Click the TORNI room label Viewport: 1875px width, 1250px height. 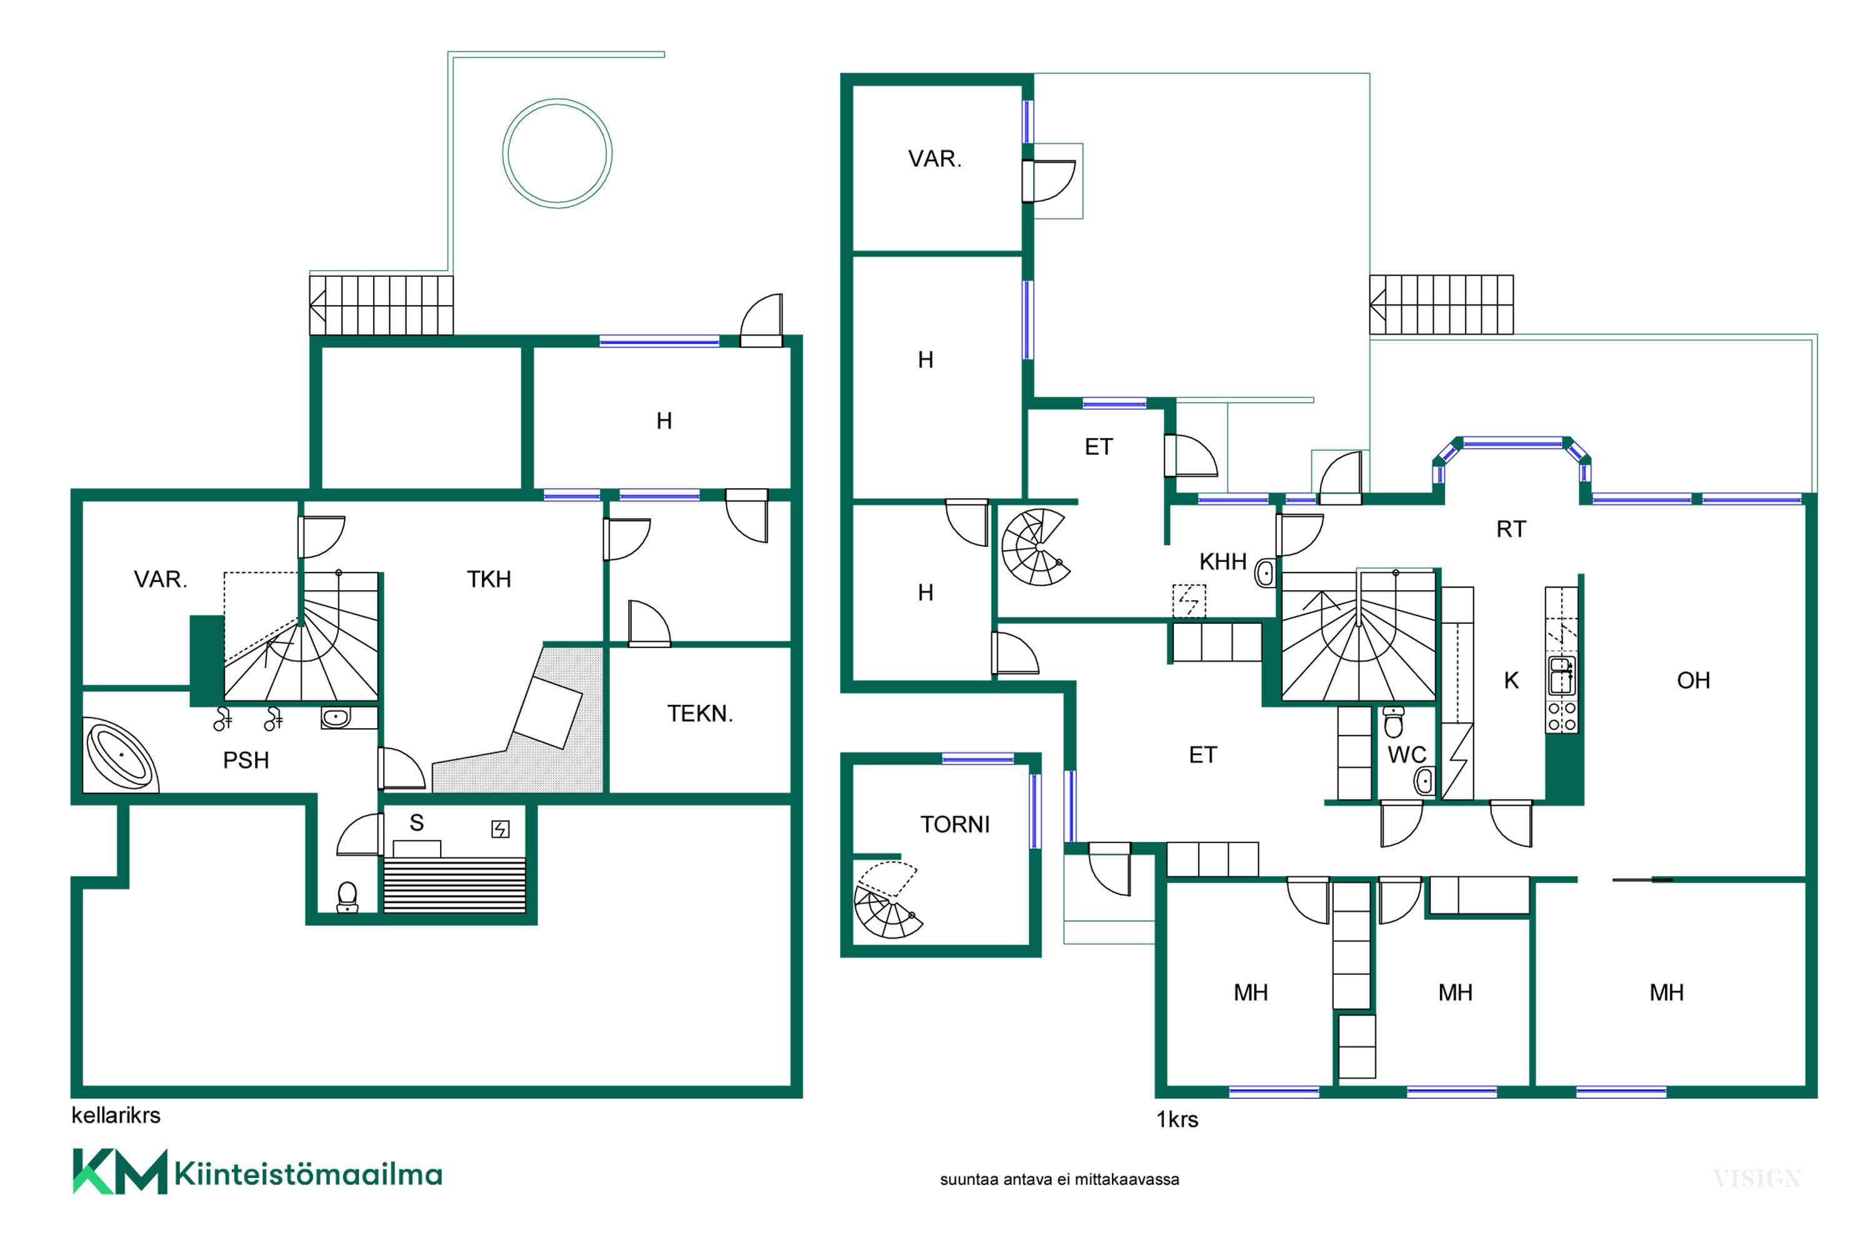pyautogui.click(x=954, y=824)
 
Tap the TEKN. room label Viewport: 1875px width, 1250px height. pyautogui.click(x=700, y=714)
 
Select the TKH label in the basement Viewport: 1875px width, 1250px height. pyautogui.click(x=489, y=579)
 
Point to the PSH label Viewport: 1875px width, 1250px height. pyautogui.click(x=246, y=761)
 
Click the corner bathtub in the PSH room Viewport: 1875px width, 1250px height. pyautogui.click(x=121, y=755)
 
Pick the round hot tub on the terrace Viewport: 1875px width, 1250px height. pyautogui.click(x=557, y=153)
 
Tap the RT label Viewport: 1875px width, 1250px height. pyautogui.click(x=1511, y=529)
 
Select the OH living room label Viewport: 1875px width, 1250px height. pyautogui.click(x=1693, y=680)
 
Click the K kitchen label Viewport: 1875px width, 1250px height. pyautogui.click(x=1511, y=681)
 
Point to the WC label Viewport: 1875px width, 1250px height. pyautogui.click(x=1407, y=755)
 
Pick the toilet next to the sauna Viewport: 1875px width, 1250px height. pyautogui.click(x=347, y=897)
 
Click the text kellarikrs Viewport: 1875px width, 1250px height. pyautogui.click(x=116, y=1115)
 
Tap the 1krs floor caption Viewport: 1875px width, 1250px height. pyautogui.click(x=1177, y=1120)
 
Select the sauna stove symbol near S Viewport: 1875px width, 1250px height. pyautogui.click(x=500, y=830)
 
